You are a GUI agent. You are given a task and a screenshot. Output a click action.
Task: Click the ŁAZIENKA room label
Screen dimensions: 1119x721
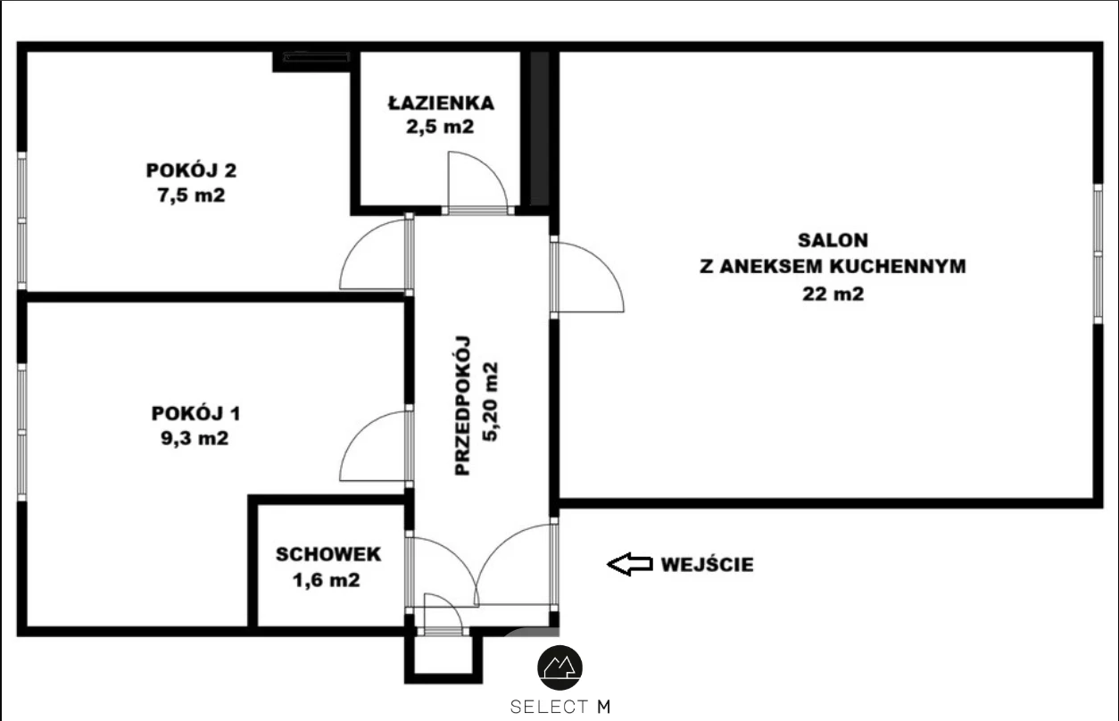(x=441, y=102)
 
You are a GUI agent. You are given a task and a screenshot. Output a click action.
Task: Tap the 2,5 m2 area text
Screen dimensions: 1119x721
(x=440, y=127)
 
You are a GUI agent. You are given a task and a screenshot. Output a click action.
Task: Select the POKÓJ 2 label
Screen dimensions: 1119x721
(x=191, y=170)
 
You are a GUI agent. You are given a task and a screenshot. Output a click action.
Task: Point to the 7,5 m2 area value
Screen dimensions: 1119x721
(x=191, y=195)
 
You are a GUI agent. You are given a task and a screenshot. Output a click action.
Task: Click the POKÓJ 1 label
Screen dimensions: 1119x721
(x=195, y=413)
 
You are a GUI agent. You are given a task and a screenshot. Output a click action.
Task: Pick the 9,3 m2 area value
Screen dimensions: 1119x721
(x=195, y=438)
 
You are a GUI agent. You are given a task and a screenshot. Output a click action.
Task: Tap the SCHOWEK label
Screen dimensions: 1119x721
(x=328, y=554)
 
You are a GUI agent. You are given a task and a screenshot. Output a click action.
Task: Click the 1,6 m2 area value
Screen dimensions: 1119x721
(x=327, y=580)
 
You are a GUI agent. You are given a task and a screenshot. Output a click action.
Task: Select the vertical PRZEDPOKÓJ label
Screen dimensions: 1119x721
(x=462, y=405)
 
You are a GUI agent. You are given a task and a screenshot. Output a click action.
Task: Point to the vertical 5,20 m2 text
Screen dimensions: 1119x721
(x=490, y=402)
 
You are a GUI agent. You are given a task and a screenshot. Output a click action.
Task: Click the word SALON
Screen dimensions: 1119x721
(x=833, y=240)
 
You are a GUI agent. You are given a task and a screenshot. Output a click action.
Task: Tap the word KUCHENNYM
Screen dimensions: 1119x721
(x=899, y=266)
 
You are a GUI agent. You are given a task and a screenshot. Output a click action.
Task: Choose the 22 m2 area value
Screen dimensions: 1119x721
(x=833, y=294)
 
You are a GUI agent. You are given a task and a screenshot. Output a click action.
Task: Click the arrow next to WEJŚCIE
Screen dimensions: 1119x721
(x=630, y=564)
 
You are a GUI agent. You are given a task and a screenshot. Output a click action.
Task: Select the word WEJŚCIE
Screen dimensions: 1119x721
(x=708, y=564)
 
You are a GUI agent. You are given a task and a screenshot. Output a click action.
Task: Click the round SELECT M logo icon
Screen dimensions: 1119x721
(x=559, y=668)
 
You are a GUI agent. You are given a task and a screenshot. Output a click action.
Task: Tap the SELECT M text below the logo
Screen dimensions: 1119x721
(x=560, y=707)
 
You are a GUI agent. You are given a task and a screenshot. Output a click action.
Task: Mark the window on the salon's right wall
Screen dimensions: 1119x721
(x=1098, y=253)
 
